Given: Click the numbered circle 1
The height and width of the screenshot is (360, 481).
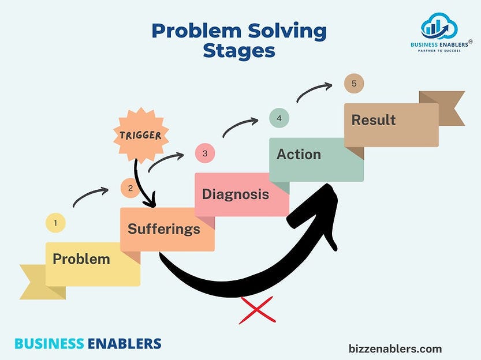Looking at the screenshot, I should [x=55, y=223].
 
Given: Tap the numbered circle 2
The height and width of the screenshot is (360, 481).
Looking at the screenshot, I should [x=130, y=187].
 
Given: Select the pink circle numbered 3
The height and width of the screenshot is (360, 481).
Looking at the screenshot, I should [x=204, y=153].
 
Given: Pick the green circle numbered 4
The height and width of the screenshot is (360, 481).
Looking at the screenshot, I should [x=279, y=118].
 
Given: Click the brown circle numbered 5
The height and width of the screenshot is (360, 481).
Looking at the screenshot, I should [x=353, y=84].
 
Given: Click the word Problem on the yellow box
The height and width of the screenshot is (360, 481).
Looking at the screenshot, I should [x=81, y=259].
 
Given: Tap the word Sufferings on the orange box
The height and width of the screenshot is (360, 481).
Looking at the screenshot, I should [x=164, y=229].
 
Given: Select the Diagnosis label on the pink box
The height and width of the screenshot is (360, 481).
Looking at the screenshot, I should [x=236, y=194].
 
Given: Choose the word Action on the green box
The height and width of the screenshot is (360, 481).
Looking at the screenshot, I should [x=299, y=154].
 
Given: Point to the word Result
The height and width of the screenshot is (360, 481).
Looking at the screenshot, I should [x=374, y=120].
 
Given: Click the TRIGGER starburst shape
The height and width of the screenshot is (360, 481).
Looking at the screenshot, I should [x=141, y=135].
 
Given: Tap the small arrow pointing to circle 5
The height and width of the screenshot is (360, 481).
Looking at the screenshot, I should [x=314, y=92].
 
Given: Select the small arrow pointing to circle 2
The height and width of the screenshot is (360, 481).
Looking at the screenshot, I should [x=90, y=196].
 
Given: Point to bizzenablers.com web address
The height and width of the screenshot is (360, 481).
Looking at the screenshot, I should [x=396, y=348].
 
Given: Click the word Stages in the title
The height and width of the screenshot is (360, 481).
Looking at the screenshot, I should [x=239, y=50].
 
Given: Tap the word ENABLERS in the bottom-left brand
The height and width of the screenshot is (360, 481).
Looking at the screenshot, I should [x=124, y=344].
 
